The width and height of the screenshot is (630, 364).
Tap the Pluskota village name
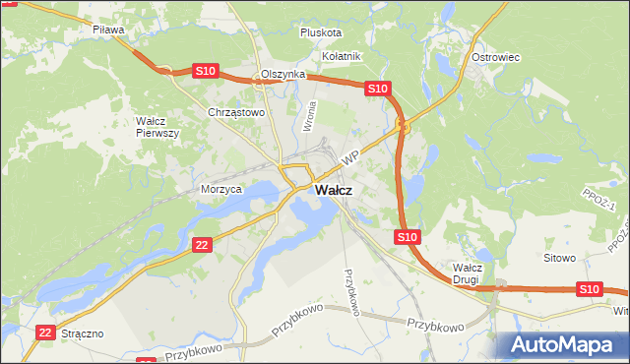320,32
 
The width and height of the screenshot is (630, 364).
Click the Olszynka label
284,75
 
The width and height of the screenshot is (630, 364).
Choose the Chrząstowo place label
237,113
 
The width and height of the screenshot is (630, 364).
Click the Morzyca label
220,189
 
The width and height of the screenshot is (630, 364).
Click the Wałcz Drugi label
466,273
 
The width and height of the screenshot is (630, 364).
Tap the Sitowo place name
559,258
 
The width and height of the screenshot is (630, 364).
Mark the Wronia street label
310,117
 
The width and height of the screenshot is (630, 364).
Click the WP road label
349,157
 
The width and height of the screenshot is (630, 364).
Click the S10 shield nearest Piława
205,71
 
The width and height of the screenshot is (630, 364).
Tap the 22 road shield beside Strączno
45,334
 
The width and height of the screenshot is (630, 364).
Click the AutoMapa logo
565,343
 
